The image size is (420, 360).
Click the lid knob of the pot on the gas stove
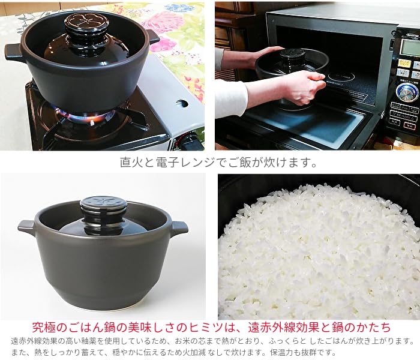pos(86,25)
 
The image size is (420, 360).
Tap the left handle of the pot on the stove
pos(14,53)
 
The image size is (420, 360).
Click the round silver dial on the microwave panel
pos(407,92)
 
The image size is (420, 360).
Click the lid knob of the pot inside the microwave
pos(292,58)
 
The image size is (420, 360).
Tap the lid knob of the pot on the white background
pos(103,208)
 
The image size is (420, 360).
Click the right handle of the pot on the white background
pos(179,228)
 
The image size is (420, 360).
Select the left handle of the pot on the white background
pos(26,226)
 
